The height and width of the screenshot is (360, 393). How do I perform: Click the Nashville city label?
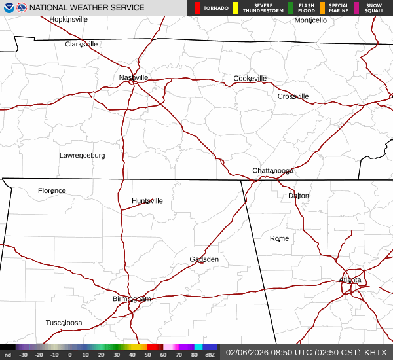pos(134,77)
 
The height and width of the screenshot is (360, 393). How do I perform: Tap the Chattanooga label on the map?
pos(273,171)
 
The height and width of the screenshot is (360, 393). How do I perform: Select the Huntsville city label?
pos(147,201)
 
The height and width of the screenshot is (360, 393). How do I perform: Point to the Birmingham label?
pos(132,299)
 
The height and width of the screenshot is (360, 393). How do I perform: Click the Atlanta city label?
pos(350,280)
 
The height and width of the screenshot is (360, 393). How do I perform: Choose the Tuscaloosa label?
pos(64,323)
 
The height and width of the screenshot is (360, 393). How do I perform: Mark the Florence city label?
pos(52,191)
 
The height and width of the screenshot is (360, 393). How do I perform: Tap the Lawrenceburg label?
pos(82,156)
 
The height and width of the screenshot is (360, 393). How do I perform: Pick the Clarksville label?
pos(81,45)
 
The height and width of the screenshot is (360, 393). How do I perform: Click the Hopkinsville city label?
pos(69,20)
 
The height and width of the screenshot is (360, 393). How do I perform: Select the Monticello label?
pos(310,20)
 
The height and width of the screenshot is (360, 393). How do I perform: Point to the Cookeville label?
pos(250,79)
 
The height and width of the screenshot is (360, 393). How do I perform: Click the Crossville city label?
pos(293,96)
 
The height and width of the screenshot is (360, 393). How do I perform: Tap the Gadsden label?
pos(204,259)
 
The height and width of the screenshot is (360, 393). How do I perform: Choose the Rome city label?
pos(279,238)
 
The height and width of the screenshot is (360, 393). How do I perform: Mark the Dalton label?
pos(299,196)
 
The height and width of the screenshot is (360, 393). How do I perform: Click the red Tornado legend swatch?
pos(197,8)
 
